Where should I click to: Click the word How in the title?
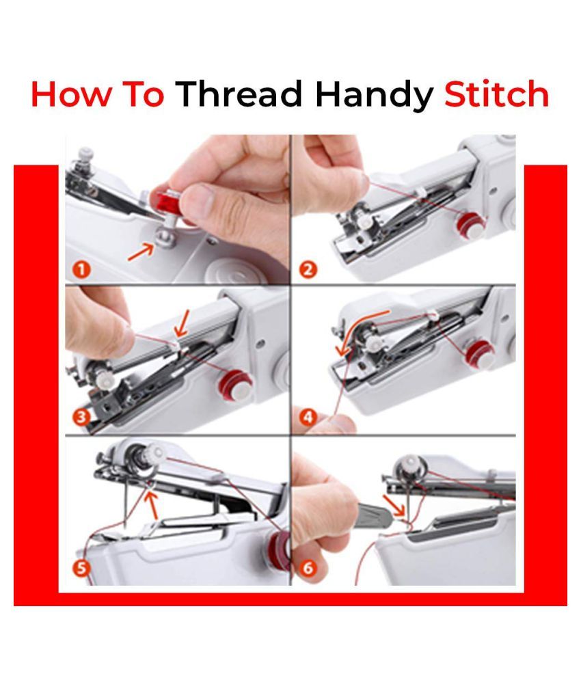[x=70, y=94]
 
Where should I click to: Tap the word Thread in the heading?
[x=239, y=94]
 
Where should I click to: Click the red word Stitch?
[x=497, y=94]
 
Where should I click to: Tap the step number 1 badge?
[x=81, y=270]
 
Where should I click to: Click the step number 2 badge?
[x=308, y=270]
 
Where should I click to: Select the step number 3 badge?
[x=81, y=418]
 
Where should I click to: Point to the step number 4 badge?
[x=308, y=418]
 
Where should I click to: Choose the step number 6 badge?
[x=308, y=568]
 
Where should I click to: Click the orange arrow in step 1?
[x=141, y=252]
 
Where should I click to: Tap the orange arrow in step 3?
[x=182, y=325]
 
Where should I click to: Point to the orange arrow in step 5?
[x=152, y=505]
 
